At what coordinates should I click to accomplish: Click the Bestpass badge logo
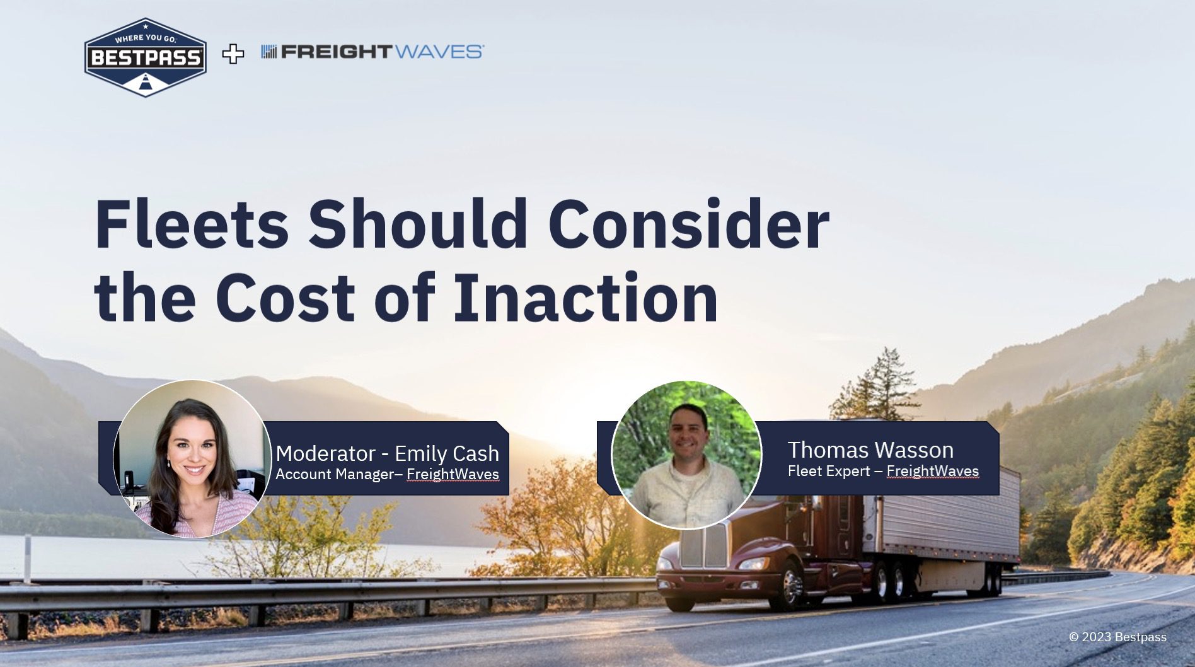[x=146, y=57]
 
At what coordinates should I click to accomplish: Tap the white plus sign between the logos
[x=233, y=54]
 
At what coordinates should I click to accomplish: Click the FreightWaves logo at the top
[x=372, y=52]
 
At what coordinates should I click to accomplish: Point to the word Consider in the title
[x=689, y=225]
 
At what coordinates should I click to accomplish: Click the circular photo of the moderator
[x=192, y=458]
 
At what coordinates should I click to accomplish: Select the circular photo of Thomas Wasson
[x=687, y=455]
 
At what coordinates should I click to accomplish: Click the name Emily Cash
[x=447, y=453]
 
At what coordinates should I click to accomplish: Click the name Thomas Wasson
[x=870, y=450]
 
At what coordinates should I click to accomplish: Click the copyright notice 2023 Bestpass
[x=1117, y=637]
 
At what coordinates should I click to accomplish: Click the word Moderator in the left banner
[x=326, y=453]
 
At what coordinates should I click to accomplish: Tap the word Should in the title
[x=418, y=225]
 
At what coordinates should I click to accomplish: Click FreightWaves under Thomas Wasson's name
[x=933, y=471]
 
